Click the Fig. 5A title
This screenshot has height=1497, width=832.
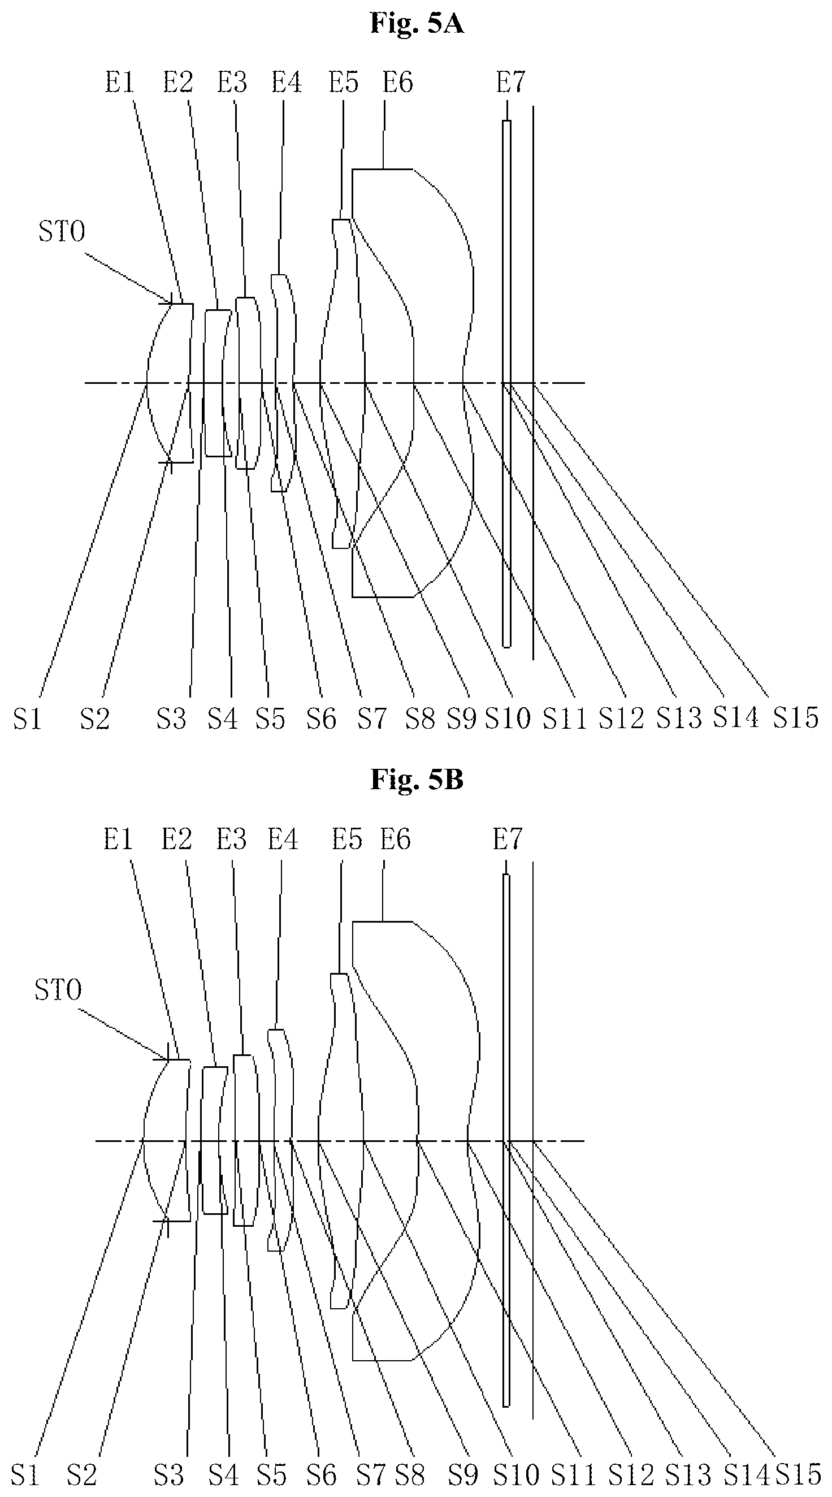click(417, 24)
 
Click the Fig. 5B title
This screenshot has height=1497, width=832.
click(417, 780)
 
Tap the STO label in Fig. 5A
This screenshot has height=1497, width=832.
click(62, 232)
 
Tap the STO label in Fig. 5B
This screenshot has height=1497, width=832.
click(58, 990)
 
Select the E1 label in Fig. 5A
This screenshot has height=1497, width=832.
click(120, 82)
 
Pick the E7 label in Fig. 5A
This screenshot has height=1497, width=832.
click(510, 82)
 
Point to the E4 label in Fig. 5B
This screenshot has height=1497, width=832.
click(283, 840)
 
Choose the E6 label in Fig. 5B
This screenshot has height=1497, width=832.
click(395, 840)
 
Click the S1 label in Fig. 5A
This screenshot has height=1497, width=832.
click(27, 720)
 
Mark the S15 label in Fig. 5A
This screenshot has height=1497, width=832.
click(795, 718)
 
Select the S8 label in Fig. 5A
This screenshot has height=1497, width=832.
click(420, 719)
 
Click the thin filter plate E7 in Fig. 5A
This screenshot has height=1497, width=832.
click(506, 383)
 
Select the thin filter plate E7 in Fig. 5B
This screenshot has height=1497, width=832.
click(506, 1139)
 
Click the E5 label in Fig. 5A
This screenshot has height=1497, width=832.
click(344, 82)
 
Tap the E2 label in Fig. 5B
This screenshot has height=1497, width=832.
click(176, 840)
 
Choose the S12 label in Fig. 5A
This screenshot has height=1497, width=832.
click(622, 719)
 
